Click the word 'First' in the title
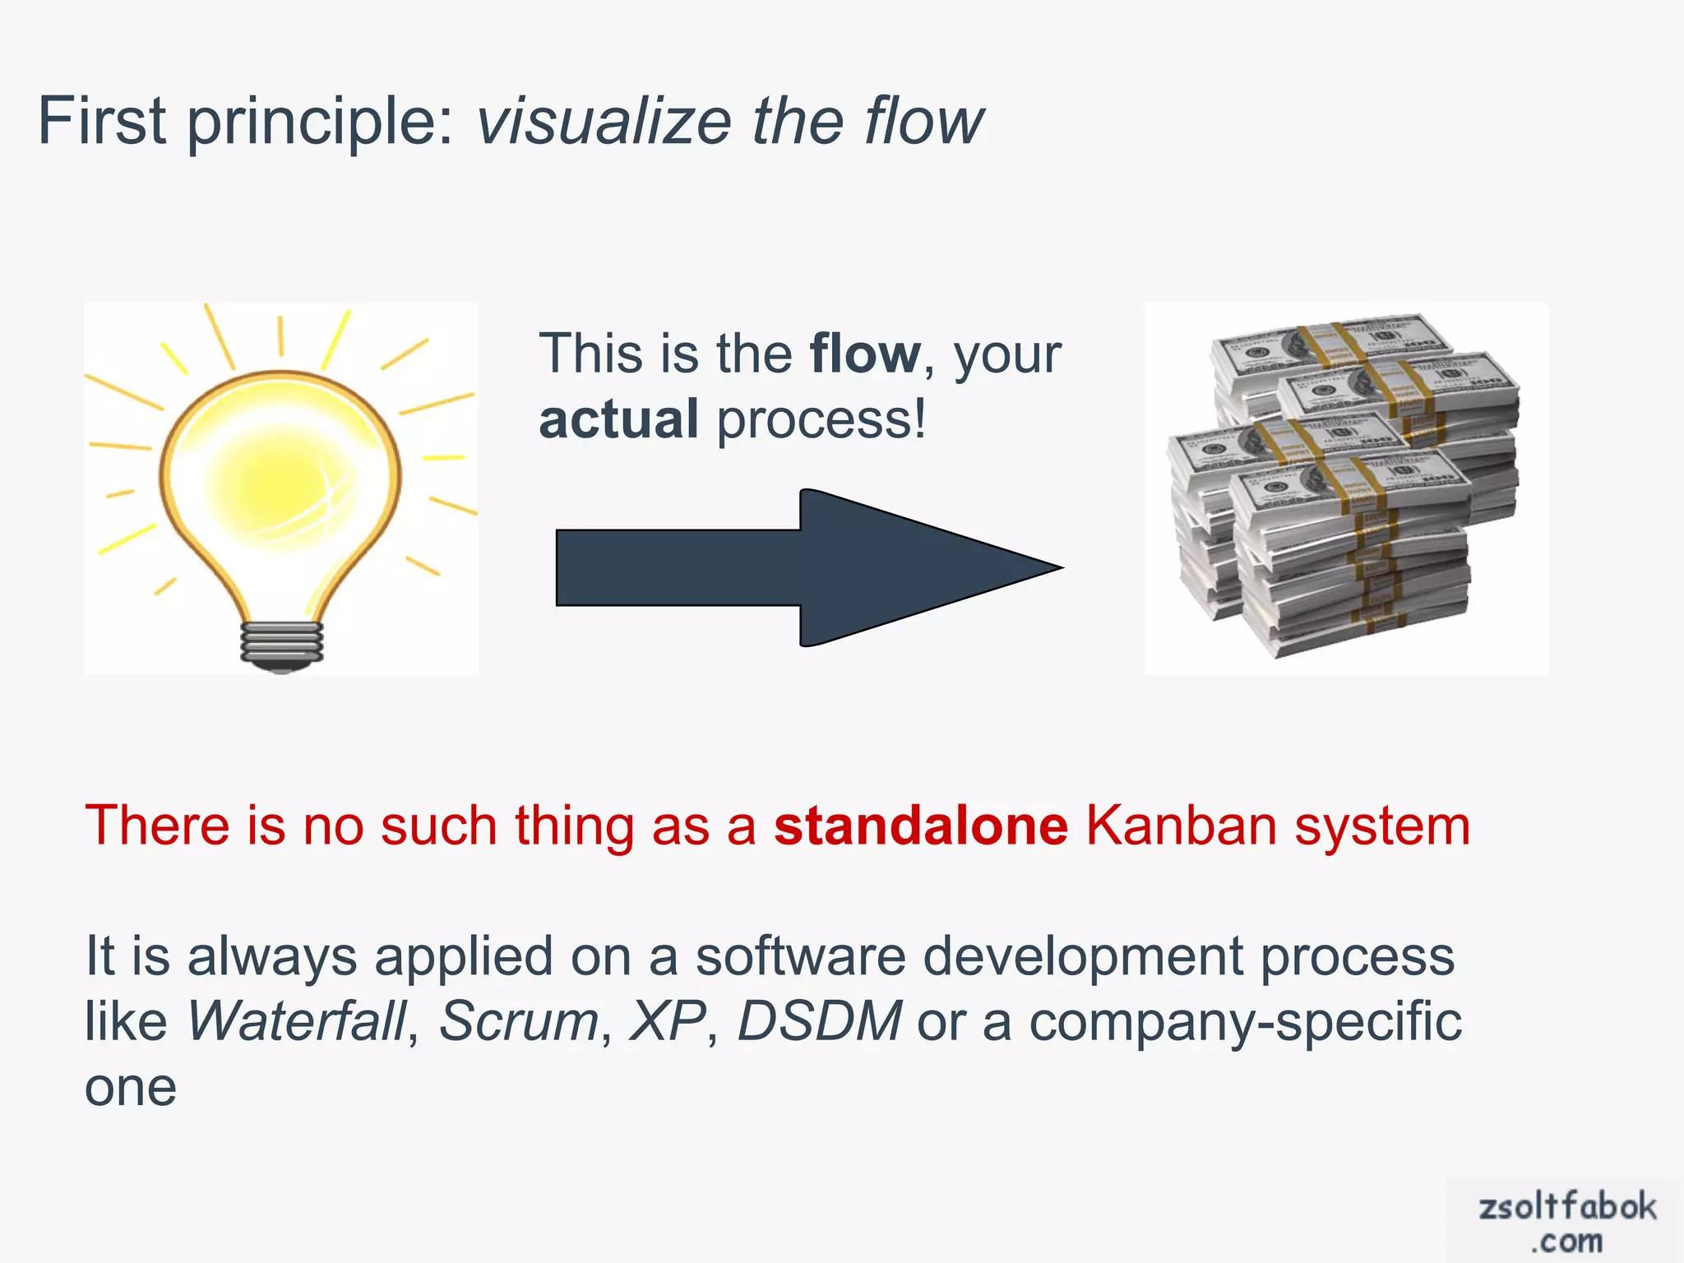point(102,122)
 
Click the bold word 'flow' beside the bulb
point(865,354)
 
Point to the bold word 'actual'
point(618,419)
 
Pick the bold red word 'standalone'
point(920,826)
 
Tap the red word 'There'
point(157,826)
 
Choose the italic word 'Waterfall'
point(297,1021)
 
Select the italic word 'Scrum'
point(518,1021)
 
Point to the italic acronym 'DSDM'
point(819,1021)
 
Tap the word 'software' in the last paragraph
point(799,957)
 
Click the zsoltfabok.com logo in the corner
point(1566,1222)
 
